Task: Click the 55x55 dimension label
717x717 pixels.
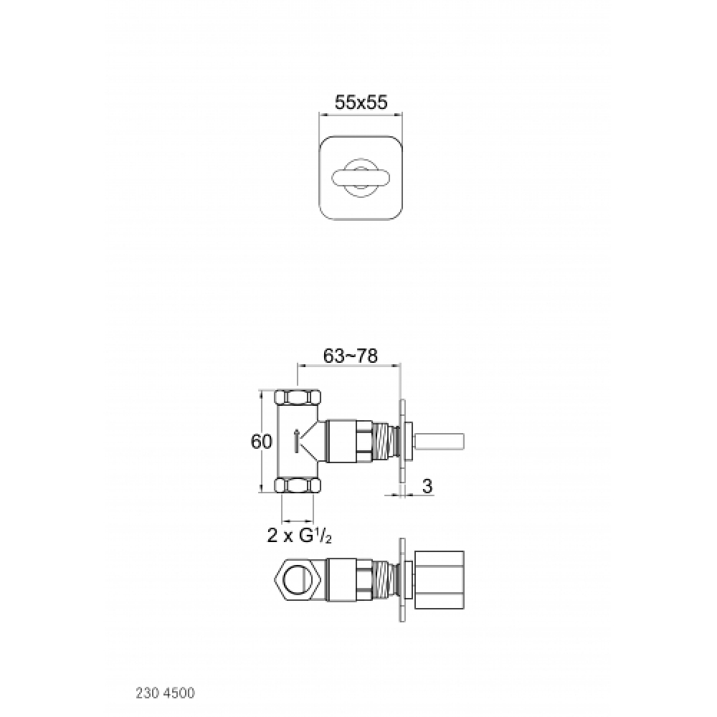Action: (361, 102)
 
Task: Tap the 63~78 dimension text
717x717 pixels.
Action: (351, 356)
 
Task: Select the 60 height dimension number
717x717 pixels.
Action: (261, 441)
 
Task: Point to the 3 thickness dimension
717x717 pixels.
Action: (427, 486)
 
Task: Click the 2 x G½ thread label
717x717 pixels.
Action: (299, 535)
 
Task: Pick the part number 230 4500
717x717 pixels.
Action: (165, 693)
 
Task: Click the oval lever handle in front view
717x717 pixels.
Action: (361, 179)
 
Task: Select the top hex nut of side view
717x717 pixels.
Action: (298, 397)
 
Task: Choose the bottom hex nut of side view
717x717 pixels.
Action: (298, 485)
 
